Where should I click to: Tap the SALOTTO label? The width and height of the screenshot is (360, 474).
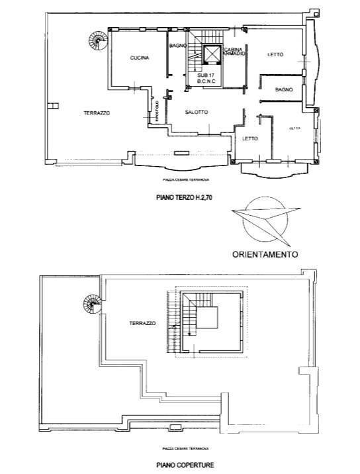tap(197, 112)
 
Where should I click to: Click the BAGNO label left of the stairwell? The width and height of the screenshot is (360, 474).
tap(177, 46)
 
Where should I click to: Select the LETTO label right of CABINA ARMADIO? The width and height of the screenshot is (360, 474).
tap(275, 55)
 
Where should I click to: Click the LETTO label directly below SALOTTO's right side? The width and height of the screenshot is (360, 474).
tap(249, 138)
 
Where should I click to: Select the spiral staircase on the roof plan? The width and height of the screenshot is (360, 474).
tap(92, 305)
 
